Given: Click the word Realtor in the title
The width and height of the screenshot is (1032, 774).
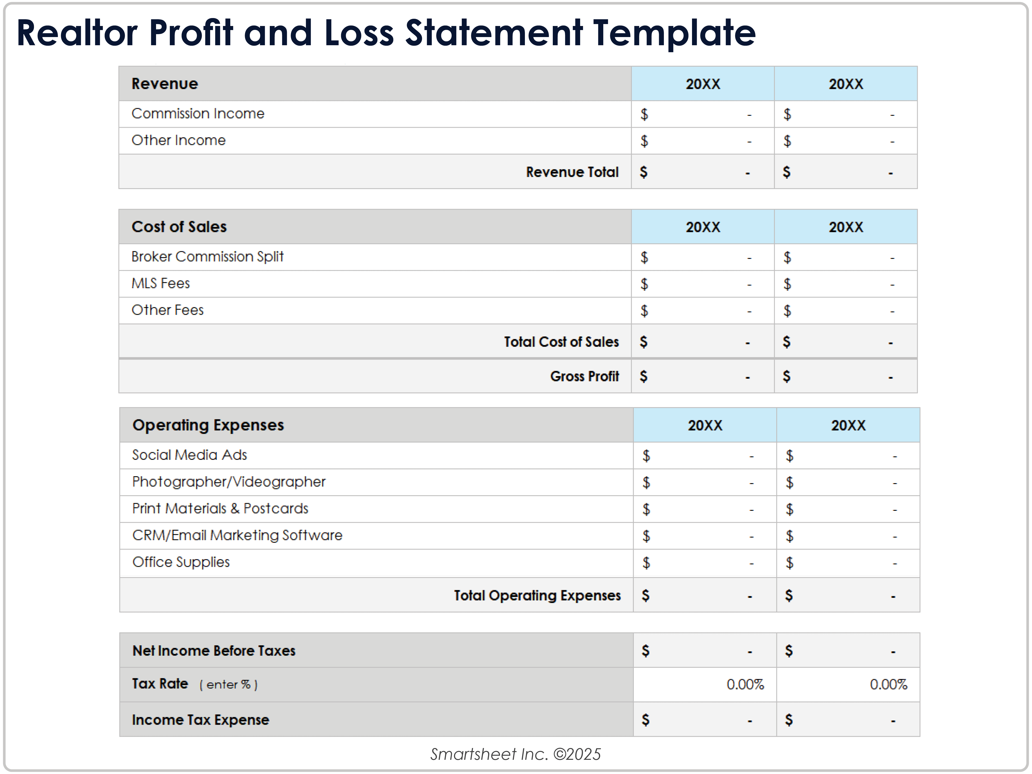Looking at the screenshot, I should (77, 34).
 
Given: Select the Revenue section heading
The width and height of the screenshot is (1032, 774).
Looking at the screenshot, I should (165, 84).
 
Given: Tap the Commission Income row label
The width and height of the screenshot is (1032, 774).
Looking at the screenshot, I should (198, 113).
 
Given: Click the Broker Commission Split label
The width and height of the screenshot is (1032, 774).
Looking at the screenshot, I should (207, 257).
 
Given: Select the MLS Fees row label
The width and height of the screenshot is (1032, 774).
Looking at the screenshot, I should (160, 283).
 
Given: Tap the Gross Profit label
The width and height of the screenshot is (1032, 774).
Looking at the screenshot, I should (584, 376).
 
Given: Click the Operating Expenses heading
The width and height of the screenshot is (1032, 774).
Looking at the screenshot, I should (208, 425).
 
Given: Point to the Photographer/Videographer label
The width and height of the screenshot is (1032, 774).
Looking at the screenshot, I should (229, 482).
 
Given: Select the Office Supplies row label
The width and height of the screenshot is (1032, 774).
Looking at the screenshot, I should (181, 562).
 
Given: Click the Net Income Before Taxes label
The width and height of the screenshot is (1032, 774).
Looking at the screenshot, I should (214, 651).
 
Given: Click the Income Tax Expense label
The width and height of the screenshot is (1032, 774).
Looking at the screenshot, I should (201, 720).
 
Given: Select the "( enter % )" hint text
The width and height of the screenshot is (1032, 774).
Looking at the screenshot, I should (229, 685).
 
